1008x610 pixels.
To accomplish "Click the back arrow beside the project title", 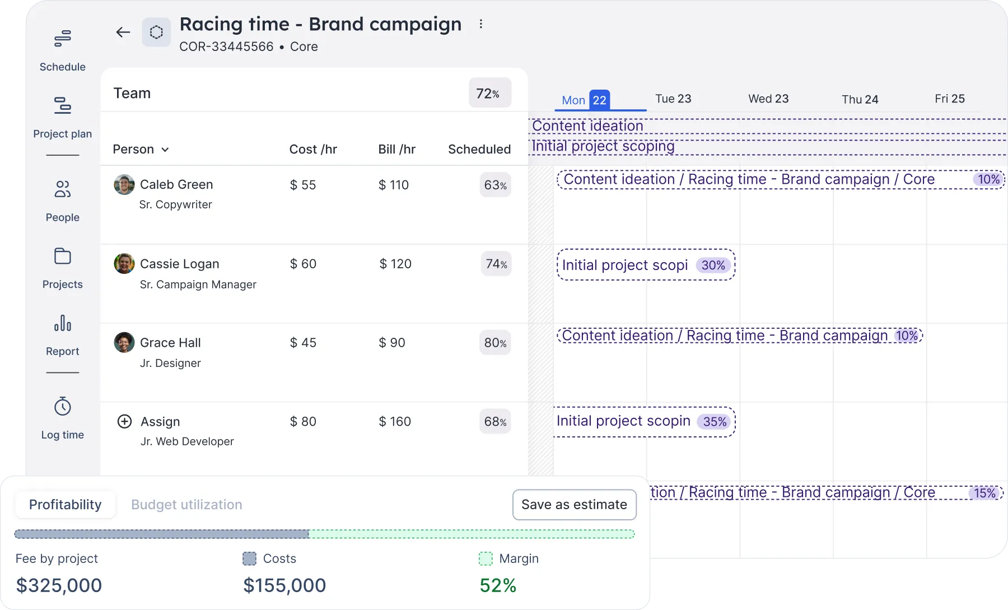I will (x=123, y=32).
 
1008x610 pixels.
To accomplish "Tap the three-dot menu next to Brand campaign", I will (x=480, y=24).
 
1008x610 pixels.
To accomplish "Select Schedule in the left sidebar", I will (x=63, y=50).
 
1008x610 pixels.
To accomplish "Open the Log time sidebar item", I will (x=63, y=418).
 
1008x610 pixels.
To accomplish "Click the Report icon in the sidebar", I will (x=63, y=323).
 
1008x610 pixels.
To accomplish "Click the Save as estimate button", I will (x=574, y=505).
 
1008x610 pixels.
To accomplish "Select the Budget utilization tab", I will (x=186, y=505).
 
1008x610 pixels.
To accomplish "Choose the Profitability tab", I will (x=66, y=505).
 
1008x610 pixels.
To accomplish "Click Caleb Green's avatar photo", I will (x=124, y=185).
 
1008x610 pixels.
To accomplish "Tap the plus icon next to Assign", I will (x=124, y=421).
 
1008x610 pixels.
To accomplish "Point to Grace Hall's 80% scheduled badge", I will (x=496, y=343).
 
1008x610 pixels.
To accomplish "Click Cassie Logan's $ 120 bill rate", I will (x=395, y=264).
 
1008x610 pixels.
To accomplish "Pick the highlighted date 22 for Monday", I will (x=599, y=100).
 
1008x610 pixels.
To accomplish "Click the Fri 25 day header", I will (x=950, y=99).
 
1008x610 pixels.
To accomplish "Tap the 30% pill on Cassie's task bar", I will (x=713, y=265).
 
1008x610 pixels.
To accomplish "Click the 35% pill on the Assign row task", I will (x=715, y=421).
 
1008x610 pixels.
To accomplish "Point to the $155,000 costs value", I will (x=284, y=585).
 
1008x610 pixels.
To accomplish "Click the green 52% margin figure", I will (x=498, y=585).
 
